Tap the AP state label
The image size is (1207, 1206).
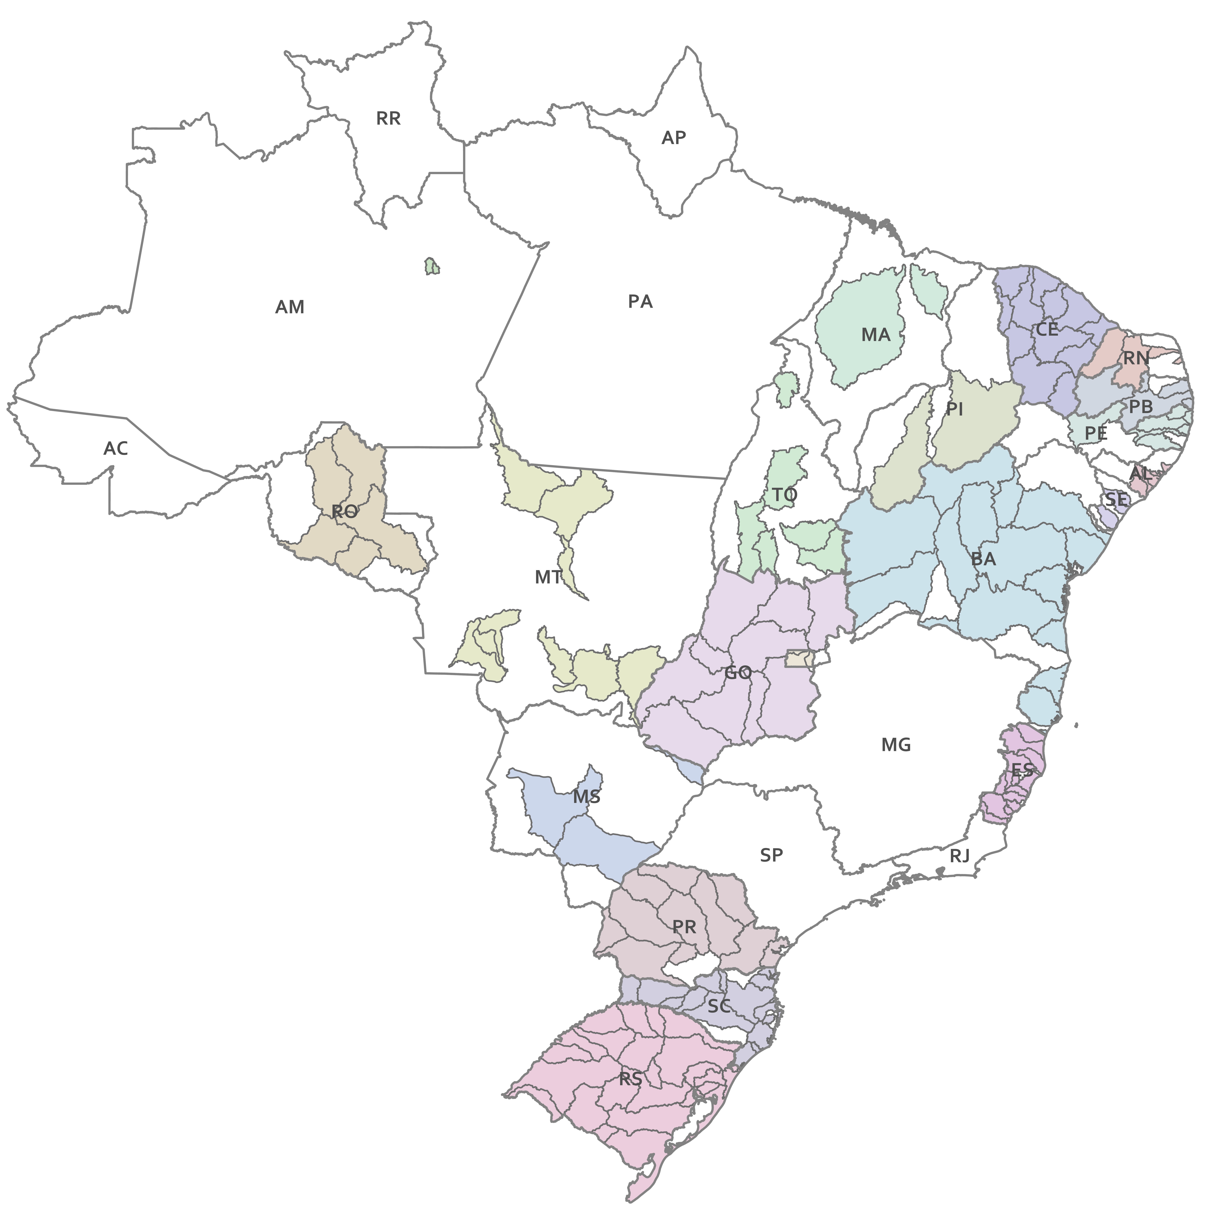tap(674, 138)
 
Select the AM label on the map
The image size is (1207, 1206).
tap(290, 307)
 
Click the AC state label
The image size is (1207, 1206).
tap(116, 448)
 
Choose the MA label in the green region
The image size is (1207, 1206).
tap(875, 335)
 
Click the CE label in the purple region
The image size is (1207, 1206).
tap(1047, 329)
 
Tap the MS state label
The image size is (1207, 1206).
tap(587, 797)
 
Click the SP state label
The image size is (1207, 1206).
tap(771, 855)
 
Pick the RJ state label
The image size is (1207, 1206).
tap(960, 855)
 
